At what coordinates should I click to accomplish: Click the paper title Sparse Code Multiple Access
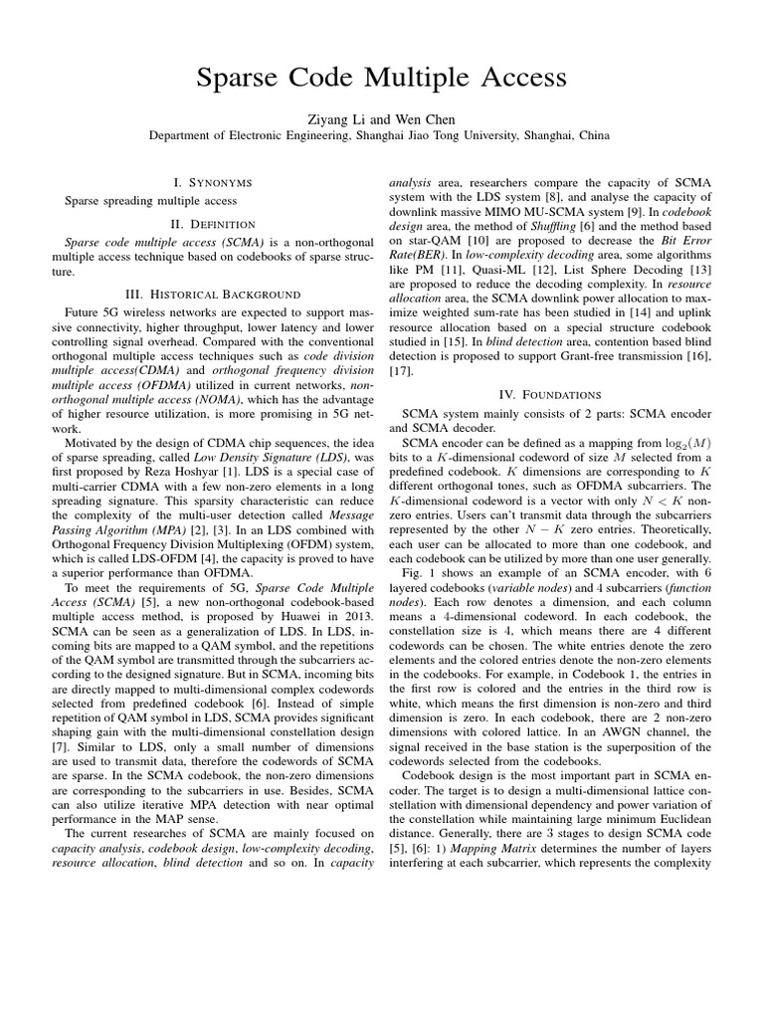pos(381,77)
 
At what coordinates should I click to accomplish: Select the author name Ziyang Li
pos(335,119)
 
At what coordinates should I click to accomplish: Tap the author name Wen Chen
pos(428,119)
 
